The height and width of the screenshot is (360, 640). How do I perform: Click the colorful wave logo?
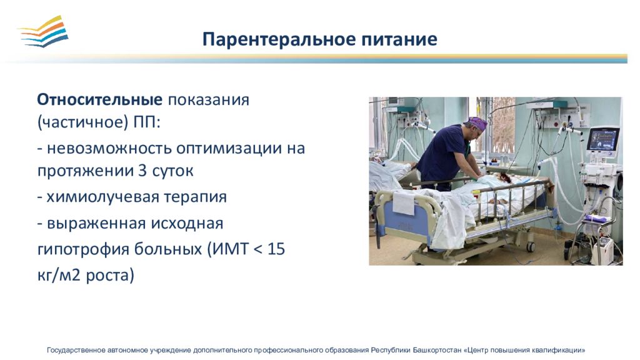coord(43,31)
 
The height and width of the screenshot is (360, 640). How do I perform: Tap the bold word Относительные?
coord(99,99)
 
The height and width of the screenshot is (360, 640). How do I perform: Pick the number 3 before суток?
coord(142,171)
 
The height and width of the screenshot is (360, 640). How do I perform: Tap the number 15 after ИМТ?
coord(276,249)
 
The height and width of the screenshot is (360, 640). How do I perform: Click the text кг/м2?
coord(56,275)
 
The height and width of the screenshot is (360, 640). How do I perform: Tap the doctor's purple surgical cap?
coord(477,123)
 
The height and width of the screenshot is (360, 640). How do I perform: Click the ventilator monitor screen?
coord(603,139)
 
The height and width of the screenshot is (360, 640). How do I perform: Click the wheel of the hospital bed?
coord(531,246)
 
